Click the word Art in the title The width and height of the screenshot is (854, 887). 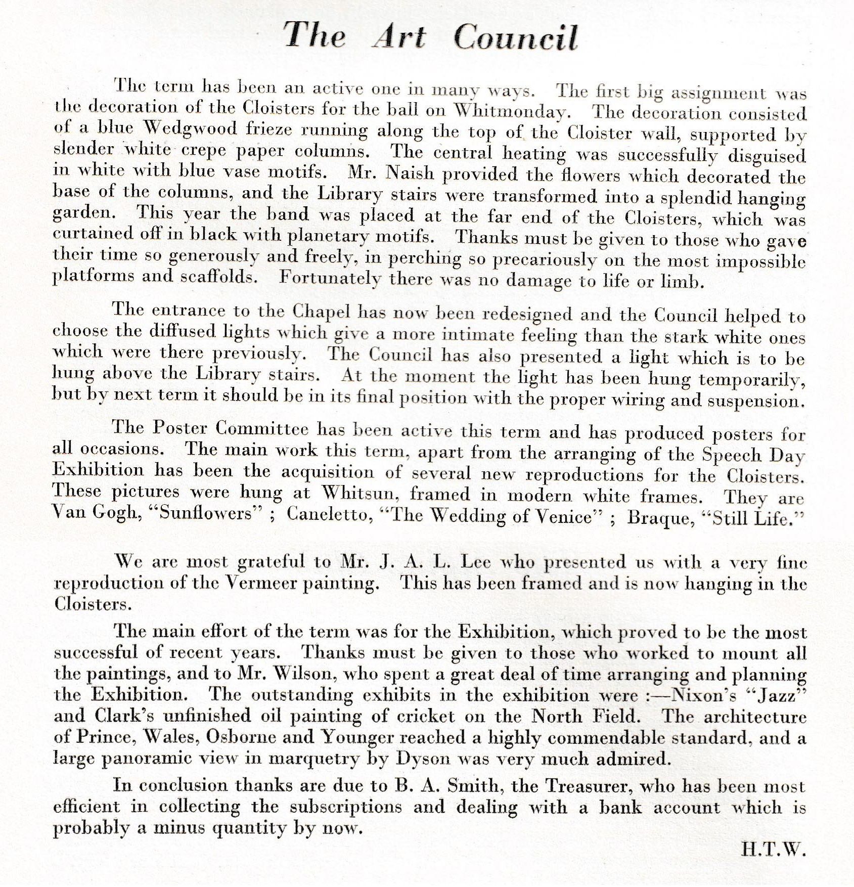[x=399, y=36]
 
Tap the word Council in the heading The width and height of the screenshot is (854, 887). [x=515, y=38]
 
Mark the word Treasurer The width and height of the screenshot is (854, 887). [x=586, y=786]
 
